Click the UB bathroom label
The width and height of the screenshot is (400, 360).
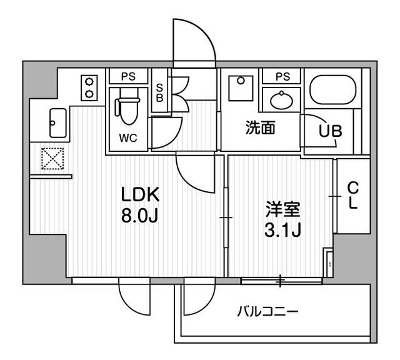(331, 132)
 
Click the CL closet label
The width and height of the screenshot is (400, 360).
(352, 196)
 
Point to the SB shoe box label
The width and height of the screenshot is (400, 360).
(159, 94)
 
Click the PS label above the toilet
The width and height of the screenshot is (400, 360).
(128, 77)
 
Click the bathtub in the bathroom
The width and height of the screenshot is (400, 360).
(334, 92)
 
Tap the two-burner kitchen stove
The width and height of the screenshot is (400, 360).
(90, 87)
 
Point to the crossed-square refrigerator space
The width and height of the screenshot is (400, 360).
(51, 159)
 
